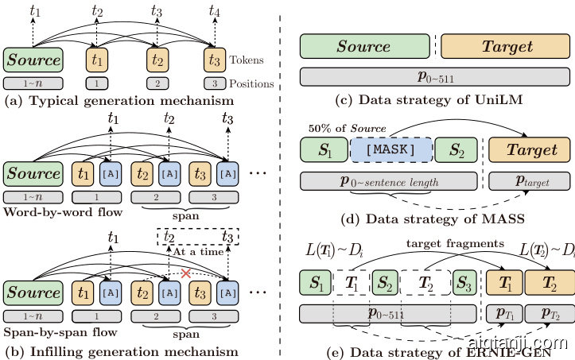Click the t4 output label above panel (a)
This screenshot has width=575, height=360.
pos(214,11)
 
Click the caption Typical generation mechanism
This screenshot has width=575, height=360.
pos(118,101)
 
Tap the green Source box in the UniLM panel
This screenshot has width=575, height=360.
pos(363,47)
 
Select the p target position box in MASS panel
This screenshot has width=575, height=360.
pos(530,182)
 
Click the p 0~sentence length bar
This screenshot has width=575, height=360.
pos(390,182)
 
